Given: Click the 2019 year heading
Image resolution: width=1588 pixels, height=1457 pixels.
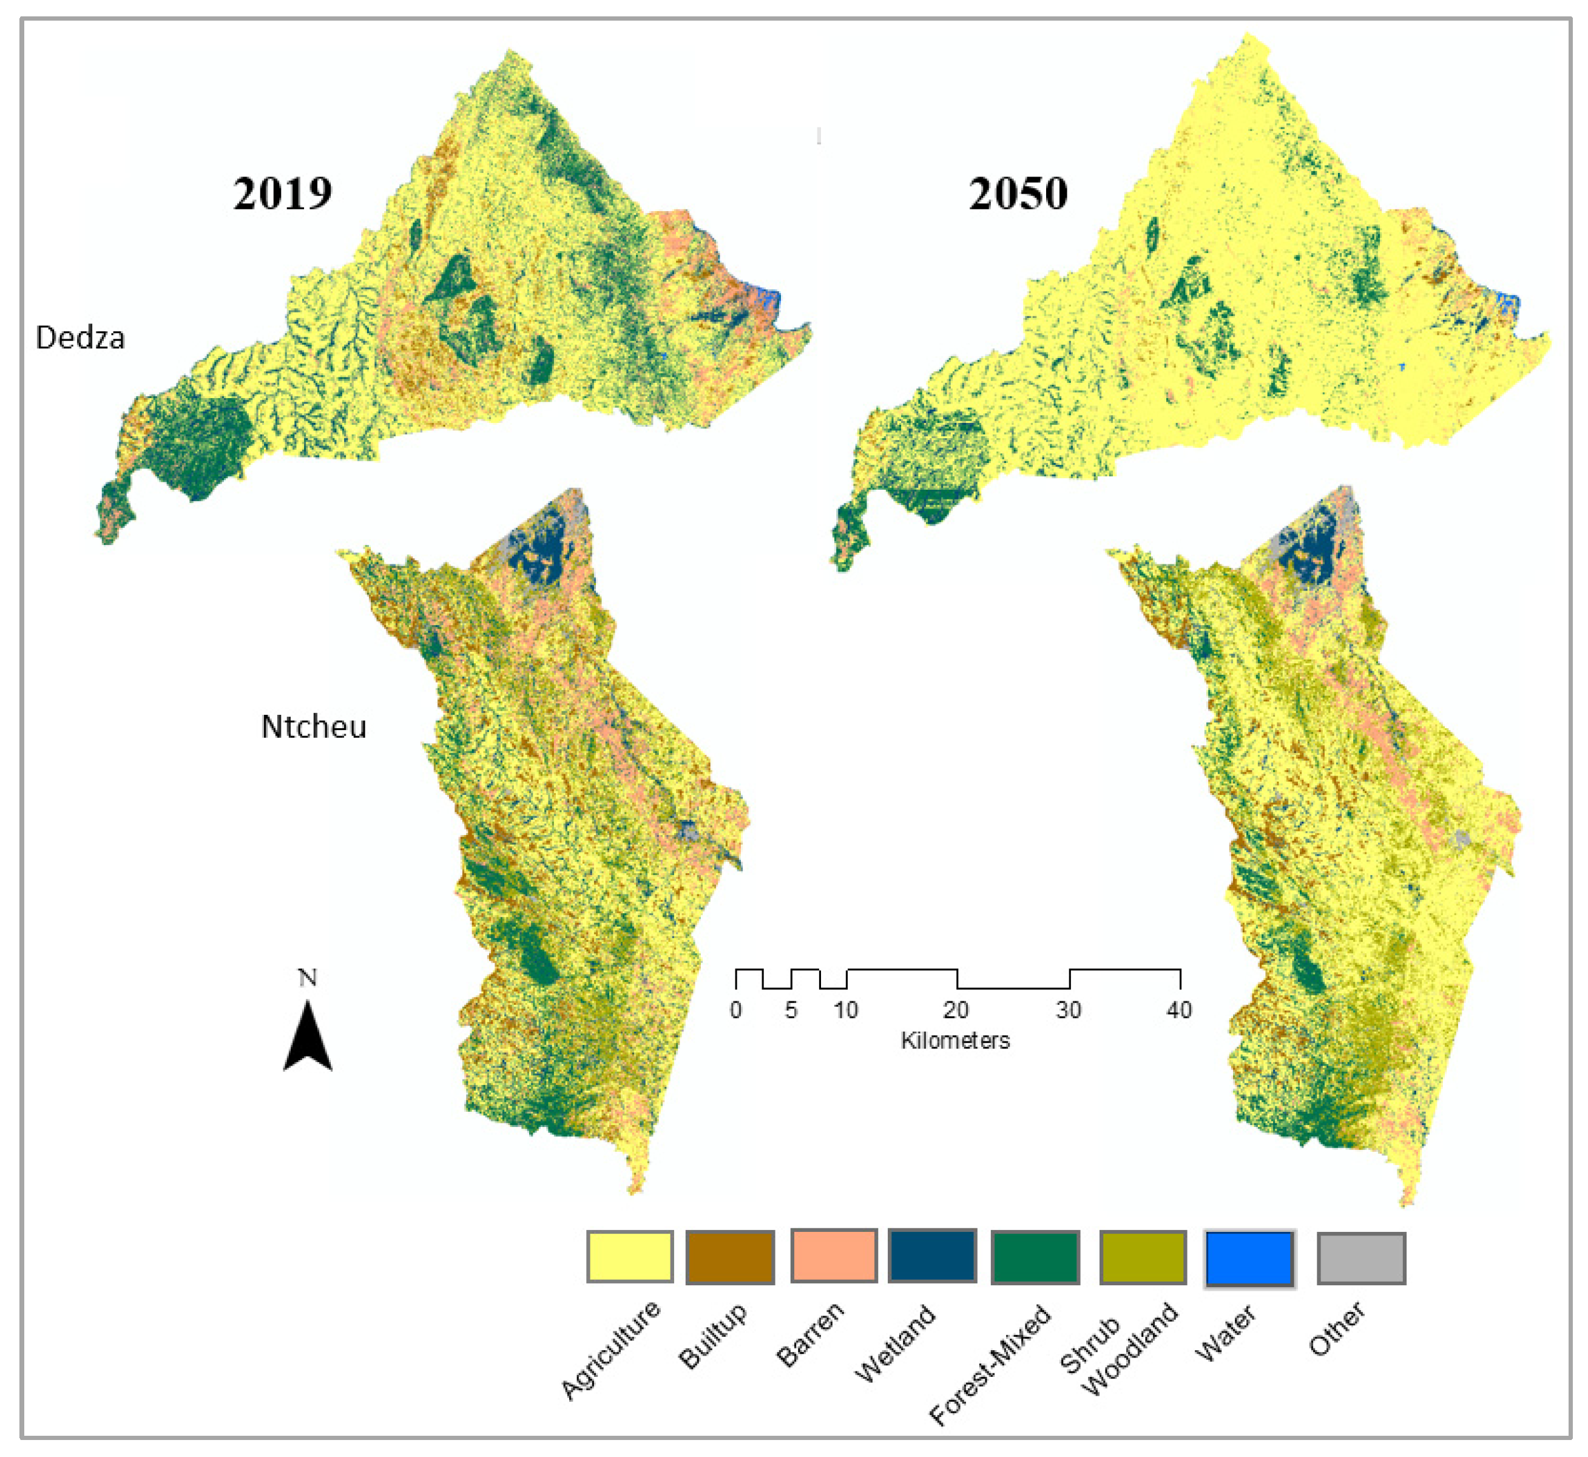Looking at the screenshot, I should (282, 193).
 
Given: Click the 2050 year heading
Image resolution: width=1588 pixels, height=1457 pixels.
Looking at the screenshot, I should (1018, 193).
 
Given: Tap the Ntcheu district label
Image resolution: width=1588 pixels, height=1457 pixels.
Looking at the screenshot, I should (314, 727).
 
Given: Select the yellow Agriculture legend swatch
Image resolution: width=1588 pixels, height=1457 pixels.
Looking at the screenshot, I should (629, 1257).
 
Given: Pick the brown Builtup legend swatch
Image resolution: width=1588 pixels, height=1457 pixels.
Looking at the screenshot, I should (729, 1257).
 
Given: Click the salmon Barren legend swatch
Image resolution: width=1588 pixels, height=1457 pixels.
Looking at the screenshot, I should (833, 1255).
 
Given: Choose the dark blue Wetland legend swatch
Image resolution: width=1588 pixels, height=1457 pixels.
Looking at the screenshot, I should (932, 1255).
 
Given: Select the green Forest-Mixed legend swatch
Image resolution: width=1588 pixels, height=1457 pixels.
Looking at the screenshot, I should (1035, 1257).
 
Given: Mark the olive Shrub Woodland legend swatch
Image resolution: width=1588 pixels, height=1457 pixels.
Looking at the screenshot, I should (1143, 1257).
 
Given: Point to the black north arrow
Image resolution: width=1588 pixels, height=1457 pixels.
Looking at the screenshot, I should (308, 1037).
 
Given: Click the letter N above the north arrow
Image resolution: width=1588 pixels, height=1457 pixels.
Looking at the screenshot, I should (308, 978).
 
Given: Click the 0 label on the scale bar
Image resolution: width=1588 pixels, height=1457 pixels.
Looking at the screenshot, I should (735, 1010).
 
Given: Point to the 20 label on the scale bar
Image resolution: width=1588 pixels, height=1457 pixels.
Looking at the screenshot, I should (956, 1010).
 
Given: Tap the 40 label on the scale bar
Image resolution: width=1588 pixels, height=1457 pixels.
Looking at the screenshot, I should (1179, 1010).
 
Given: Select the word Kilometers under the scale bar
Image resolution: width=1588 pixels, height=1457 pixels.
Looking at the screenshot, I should (955, 1041).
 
